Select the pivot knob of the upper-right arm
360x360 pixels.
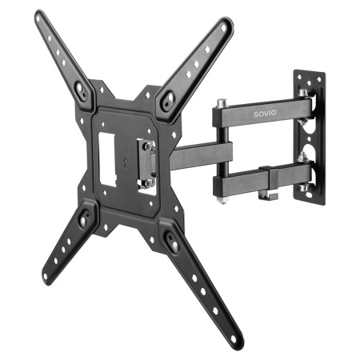tap(167, 101)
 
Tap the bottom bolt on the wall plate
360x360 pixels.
tap(305, 189)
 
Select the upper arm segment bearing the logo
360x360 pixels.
tap(256, 117)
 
